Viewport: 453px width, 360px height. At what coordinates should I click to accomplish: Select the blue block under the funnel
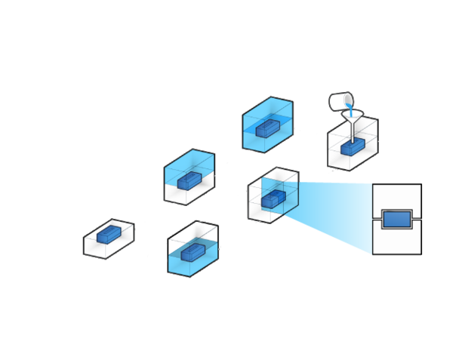(353, 147)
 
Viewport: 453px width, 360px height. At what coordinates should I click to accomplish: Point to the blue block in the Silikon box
(268, 129)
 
